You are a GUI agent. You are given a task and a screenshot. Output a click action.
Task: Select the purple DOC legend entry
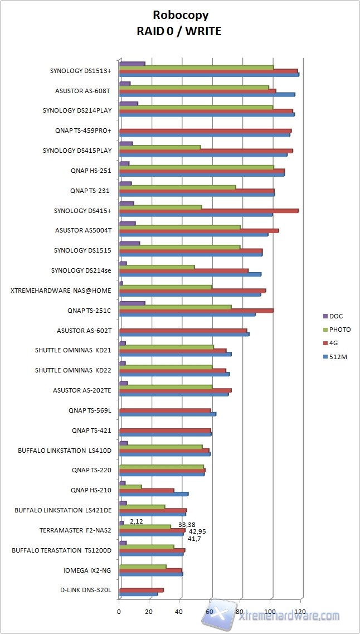pos(336,316)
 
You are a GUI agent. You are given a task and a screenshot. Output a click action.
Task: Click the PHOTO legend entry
pos(339,330)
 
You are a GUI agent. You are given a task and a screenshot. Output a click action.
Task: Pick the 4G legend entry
pos(335,343)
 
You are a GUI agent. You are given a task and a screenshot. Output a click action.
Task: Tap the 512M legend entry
pos(337,357)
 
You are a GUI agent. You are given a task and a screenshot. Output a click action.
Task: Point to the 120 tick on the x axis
pos(300,612)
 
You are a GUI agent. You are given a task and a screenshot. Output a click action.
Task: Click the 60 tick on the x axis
pos(210,612)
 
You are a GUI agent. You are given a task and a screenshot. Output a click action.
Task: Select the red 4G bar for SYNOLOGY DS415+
pos(208,211)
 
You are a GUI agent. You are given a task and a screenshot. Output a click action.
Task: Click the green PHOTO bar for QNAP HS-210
pos(130,487)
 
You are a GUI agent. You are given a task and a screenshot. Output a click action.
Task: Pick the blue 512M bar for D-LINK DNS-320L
pos(138,593)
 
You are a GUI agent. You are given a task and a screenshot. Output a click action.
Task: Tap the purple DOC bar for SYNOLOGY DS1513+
pos(132,64)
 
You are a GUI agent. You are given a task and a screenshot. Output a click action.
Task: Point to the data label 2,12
pos(137,521)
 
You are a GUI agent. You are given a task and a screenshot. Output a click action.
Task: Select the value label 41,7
pos(194,539)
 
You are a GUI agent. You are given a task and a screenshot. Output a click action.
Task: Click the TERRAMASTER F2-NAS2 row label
pos(75,530)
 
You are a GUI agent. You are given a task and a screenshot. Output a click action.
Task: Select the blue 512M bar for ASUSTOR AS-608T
pos(207,94)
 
